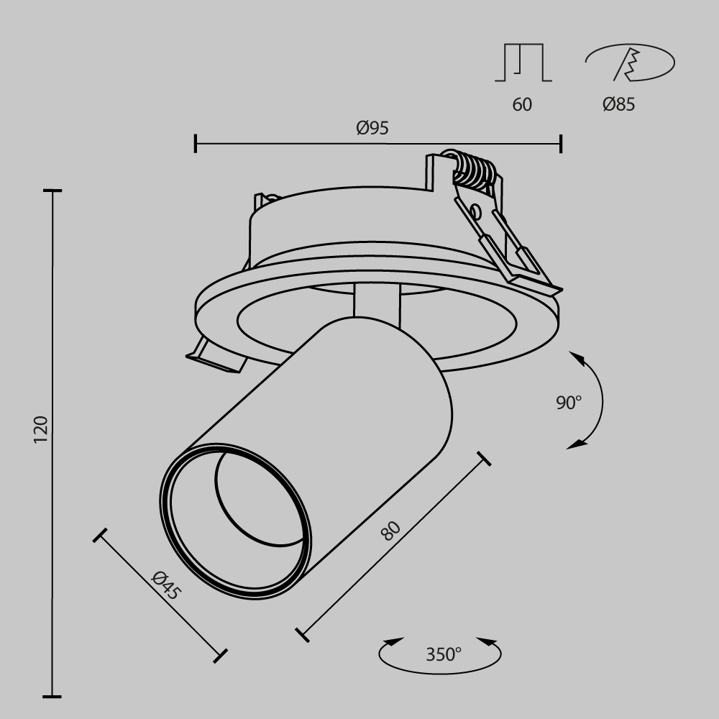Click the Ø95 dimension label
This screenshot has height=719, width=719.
pos(372,128)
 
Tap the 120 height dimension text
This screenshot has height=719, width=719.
pos(40,429)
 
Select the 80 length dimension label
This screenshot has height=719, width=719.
pos(390,531)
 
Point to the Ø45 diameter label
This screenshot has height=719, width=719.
pos(166,585)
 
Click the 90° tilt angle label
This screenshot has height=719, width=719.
pos(568,403)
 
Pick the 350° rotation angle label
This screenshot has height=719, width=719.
pos(443,654)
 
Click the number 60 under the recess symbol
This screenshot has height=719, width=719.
pos(522,104)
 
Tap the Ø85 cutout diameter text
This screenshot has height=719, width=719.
pos(618,104)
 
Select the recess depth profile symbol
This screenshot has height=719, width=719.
pos(523,63)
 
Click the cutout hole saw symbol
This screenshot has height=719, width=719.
pos(630,63)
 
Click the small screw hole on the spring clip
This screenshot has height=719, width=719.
pos(475,211)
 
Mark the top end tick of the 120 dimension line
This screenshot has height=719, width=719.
pos(52,191)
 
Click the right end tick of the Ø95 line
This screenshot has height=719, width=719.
pos(560,143)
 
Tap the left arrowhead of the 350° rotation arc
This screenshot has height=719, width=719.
pos(392,641)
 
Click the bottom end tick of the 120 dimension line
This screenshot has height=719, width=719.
pos(52,696)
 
